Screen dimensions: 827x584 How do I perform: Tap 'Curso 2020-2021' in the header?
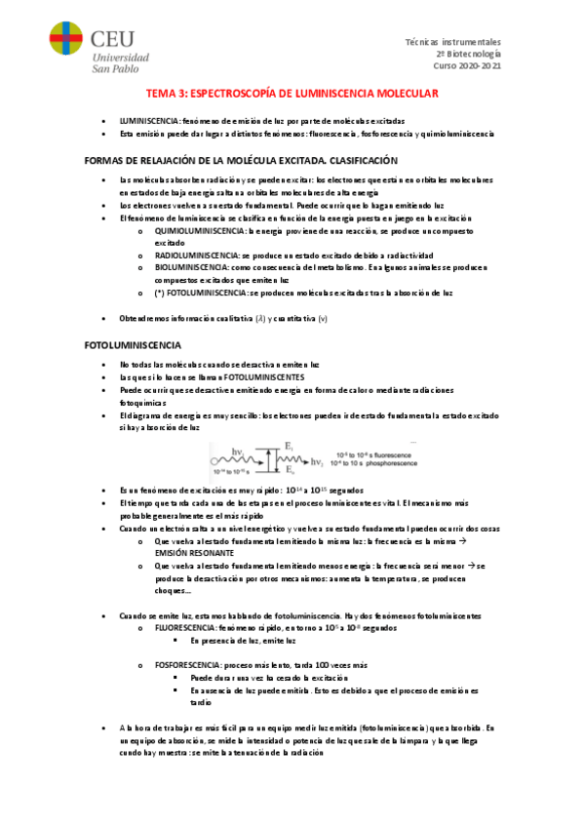coord(467,66)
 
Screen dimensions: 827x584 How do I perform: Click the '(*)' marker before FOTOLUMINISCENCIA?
coord(159,292)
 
